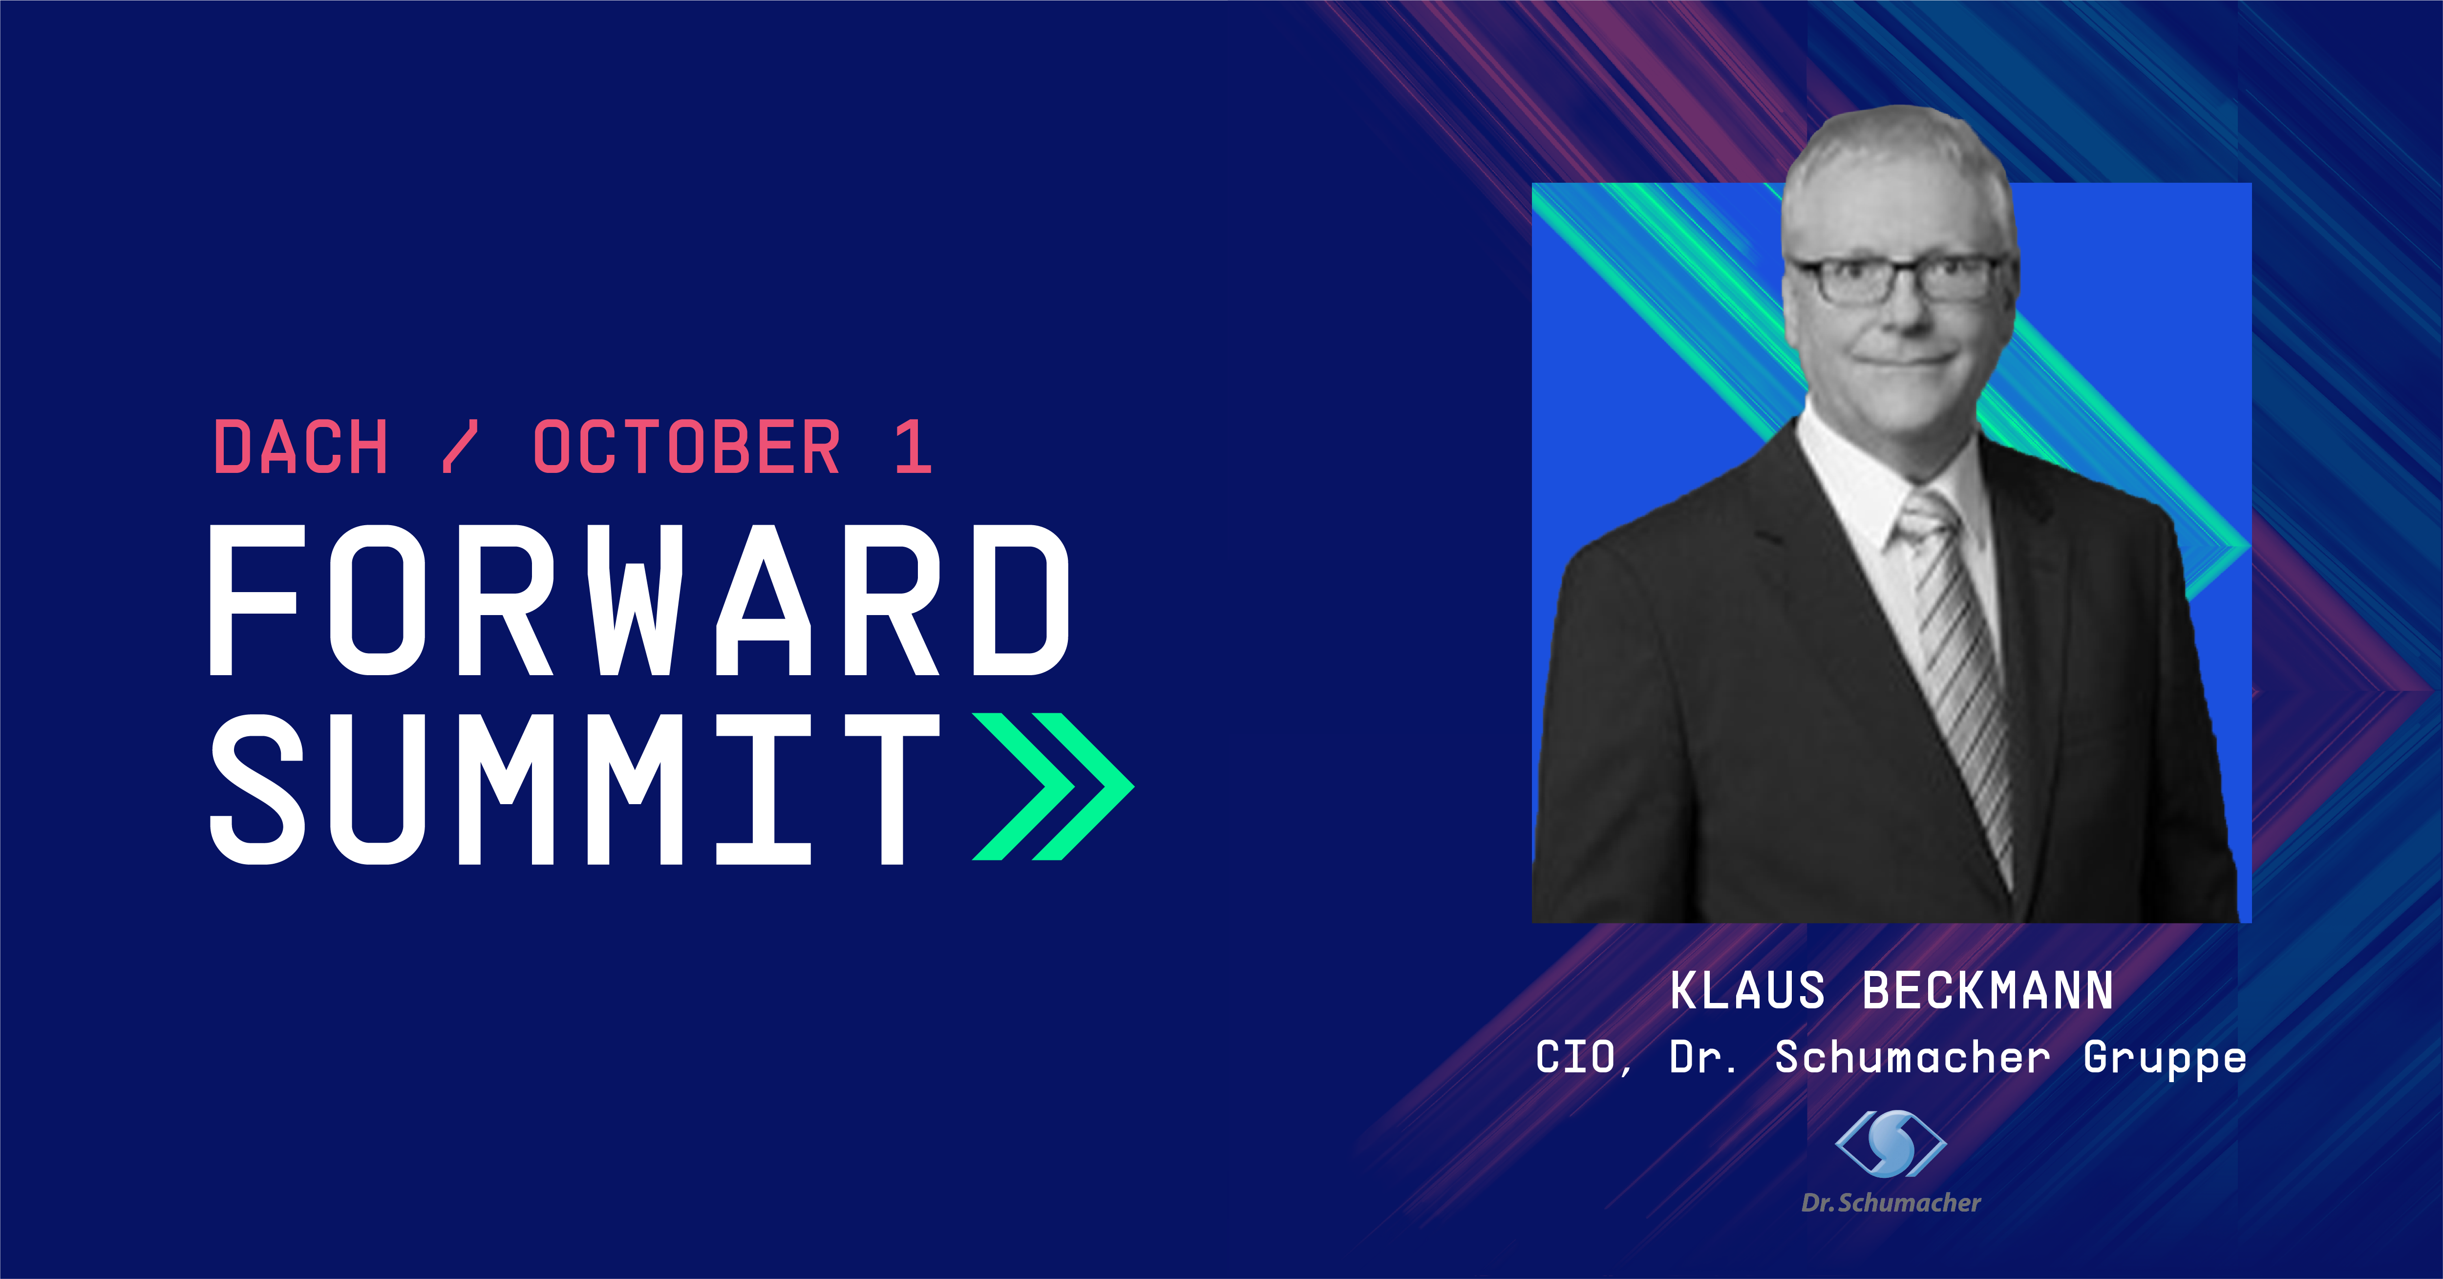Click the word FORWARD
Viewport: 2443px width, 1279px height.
(639, 600)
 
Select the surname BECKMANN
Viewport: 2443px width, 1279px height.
(1988, 991)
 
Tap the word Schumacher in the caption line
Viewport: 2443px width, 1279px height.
(1912, 1057)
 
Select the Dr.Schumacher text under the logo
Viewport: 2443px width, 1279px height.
(1891, 1203)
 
